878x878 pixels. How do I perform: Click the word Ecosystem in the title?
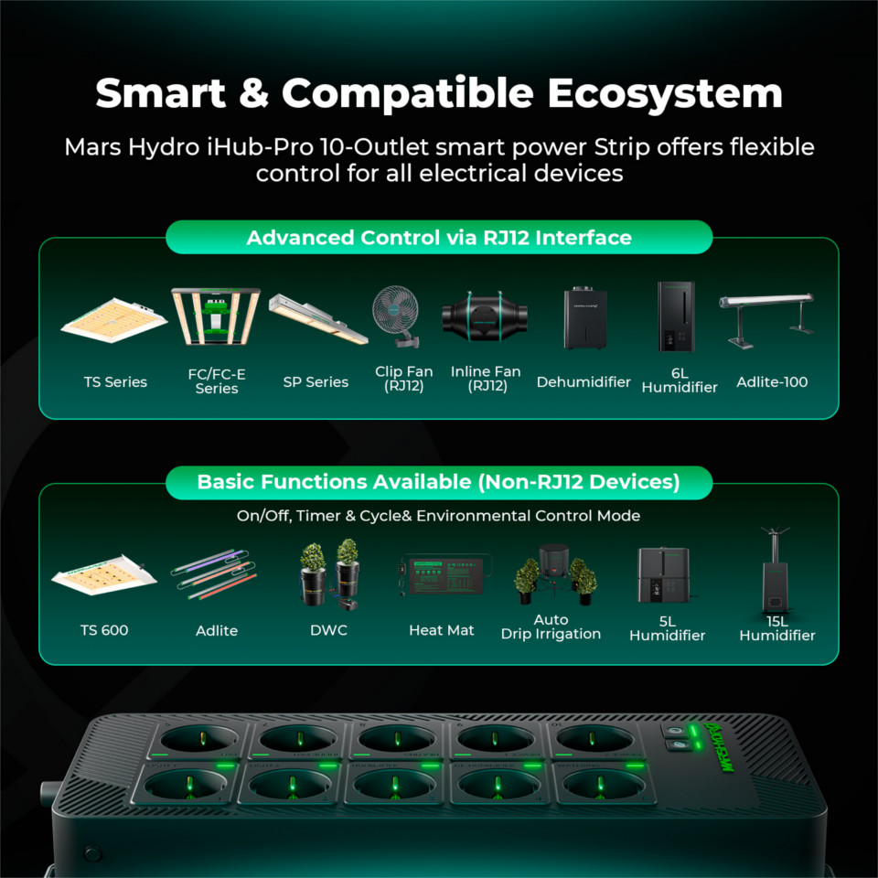point(665,93)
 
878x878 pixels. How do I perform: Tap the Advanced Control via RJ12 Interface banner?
point(439,238)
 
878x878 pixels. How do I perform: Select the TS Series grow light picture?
point(114,320)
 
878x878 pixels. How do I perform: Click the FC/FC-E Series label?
point(217,380)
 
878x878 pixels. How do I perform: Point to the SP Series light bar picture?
point(318,318)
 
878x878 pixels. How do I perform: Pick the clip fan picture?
point(396,316)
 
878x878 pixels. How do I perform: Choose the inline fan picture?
point(485,316)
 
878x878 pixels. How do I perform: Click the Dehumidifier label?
point(584,382)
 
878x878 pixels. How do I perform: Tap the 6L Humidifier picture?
point(677,317)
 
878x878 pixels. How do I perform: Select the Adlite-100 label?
point(772,382)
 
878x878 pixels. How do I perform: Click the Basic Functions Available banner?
point(439,482)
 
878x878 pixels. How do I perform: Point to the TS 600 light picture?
point(104,575)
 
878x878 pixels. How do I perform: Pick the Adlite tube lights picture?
point(214,574)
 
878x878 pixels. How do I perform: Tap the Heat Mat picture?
point(445,574)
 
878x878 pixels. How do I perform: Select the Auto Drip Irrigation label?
point(551,626)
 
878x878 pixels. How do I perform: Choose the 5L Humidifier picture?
point(664,575)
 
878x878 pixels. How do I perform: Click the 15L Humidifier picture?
point(775,570)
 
